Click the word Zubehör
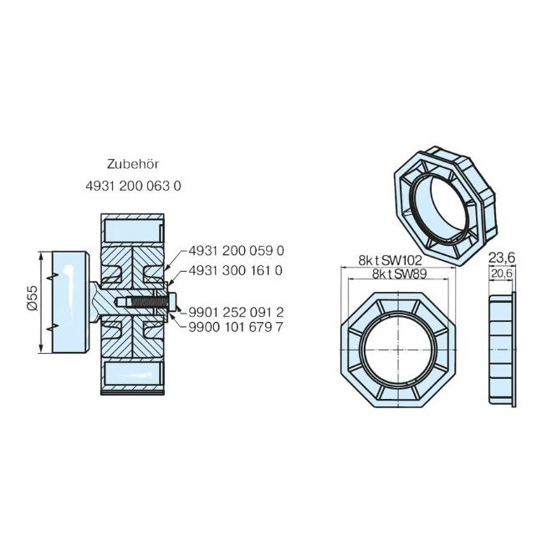[x=132, y=165]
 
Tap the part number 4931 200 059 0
[x=237, y=250]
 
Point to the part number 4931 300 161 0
[x=237, y=270]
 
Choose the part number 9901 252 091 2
[x=237, y=309]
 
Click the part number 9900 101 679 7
[x=237, y=326]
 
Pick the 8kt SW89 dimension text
[x=395, y=273]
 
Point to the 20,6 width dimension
[x=502, y=273]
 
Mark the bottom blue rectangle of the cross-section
[x=131, y=374]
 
